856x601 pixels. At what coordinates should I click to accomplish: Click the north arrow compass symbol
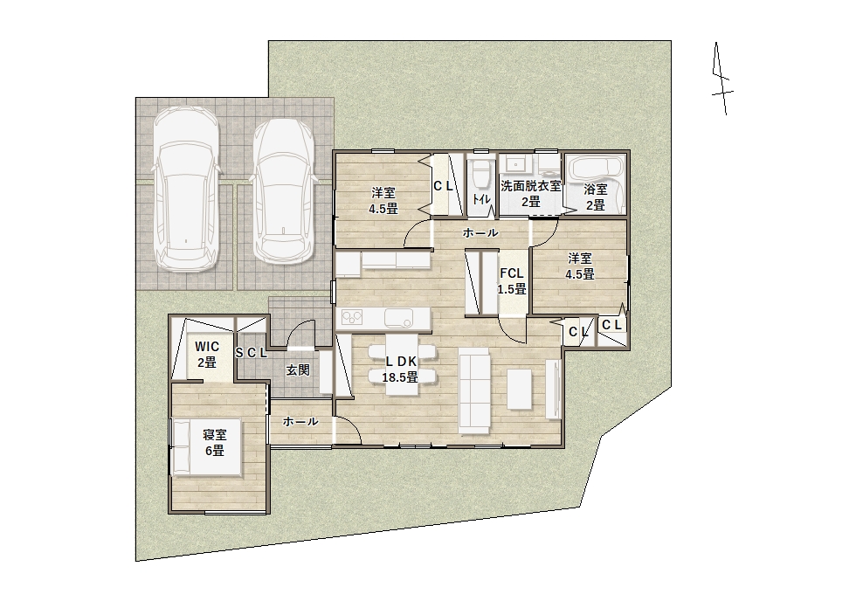point(721,79)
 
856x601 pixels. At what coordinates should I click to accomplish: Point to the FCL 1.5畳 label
point(512,281)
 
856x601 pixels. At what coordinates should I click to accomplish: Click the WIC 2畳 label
point(207,354)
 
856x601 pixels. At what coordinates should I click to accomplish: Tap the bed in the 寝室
point(208,447)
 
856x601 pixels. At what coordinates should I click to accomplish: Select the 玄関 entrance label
point(298,370)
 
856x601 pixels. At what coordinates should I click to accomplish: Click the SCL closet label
point(252,353)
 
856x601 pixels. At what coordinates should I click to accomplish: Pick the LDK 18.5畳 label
point(400,369)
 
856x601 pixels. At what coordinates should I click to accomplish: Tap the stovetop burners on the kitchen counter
point(352,316)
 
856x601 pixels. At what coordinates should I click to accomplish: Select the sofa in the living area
point(475,391)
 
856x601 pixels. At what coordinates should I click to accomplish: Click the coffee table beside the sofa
point(519,390)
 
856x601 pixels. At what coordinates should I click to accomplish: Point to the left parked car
point(185,189)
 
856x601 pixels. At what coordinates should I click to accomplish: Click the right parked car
point(284,191)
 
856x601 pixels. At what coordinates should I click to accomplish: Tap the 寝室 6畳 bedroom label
point(215,443)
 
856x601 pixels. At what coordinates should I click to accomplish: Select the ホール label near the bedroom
point(300,421)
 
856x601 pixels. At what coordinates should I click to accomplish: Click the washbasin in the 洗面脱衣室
point(515,163)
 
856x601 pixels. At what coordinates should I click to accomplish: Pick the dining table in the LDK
point(402,363)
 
